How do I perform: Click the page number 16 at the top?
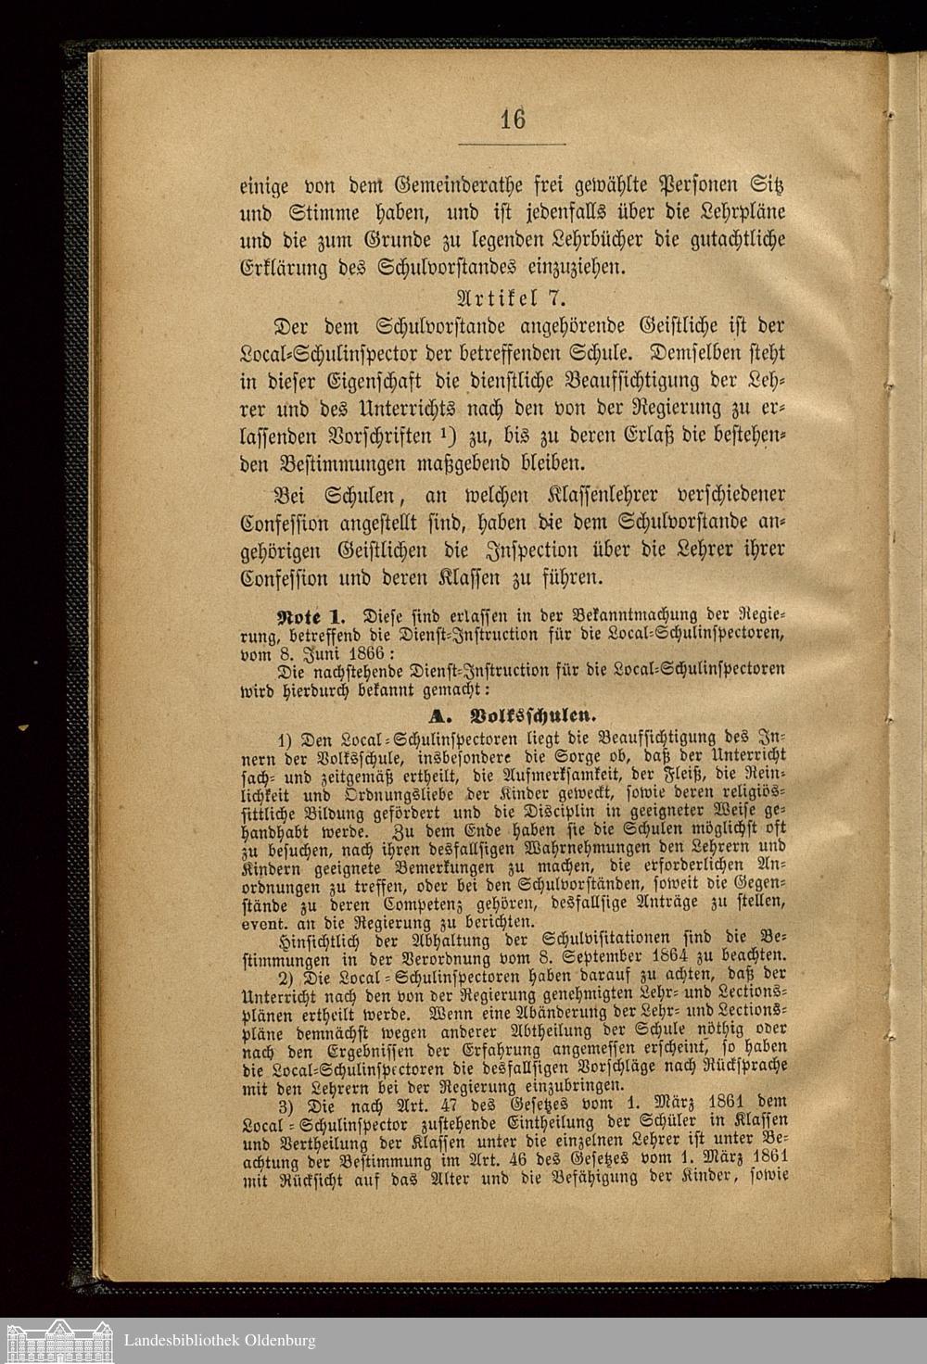[512, 120]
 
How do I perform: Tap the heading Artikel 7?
[512, 299]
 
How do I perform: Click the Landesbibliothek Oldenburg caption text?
[220, 1340]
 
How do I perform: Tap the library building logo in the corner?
[59, 1340]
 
